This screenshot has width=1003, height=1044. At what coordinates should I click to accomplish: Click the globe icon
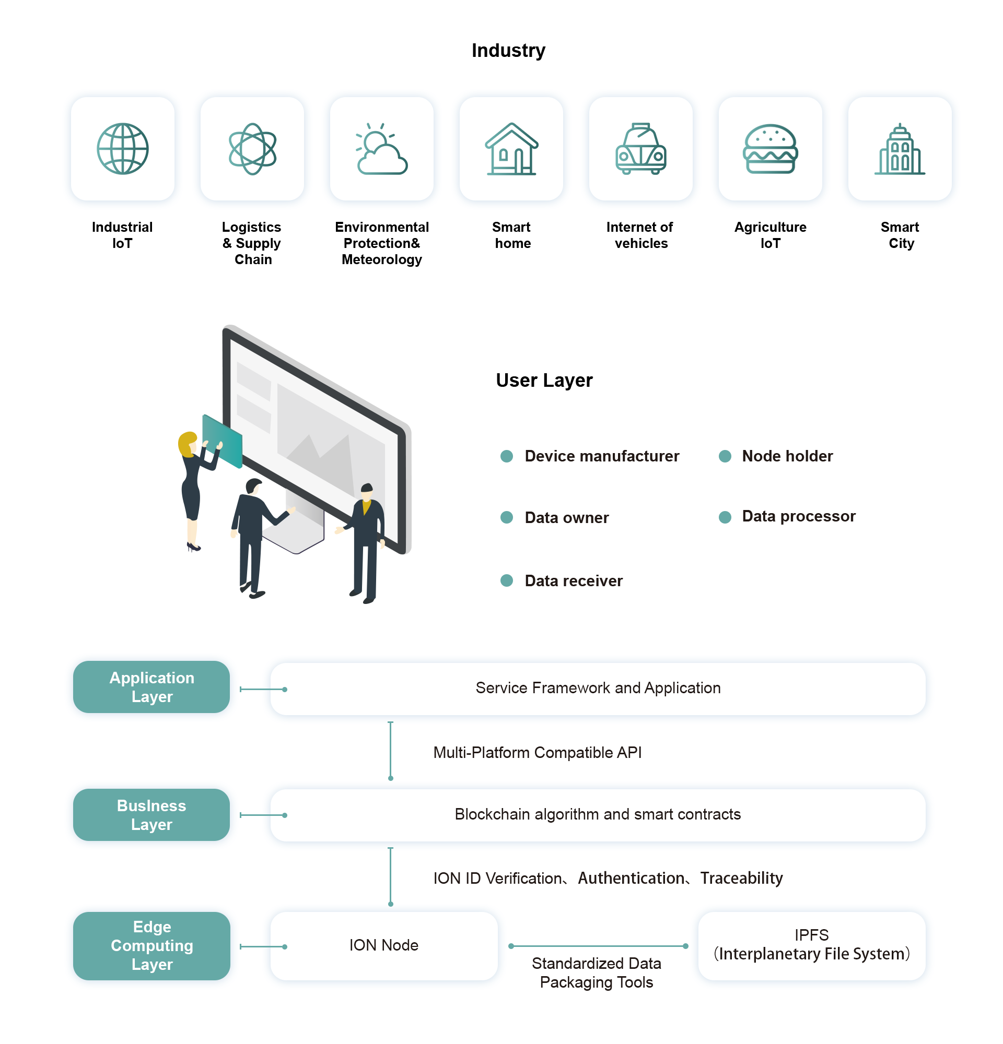tap(123, 149)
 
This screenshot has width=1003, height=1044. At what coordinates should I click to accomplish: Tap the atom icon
tap(252, 149)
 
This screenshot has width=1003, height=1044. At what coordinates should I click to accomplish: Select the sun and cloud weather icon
tap(381, 149)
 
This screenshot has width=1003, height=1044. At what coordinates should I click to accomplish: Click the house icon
tap(511, 149)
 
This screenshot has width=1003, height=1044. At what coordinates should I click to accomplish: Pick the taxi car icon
tap(640, 149)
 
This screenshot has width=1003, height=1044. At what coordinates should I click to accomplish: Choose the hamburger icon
tap(770, 149)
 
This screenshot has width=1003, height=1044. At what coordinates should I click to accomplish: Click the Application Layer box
tap(152, 687)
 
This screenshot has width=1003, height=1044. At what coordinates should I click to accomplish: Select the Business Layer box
tap(152, 815)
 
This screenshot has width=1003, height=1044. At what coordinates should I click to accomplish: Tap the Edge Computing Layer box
tap(152, 946)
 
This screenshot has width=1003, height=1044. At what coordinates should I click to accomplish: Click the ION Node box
tap(384, 946)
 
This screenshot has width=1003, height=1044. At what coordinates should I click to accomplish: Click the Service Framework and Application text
tap(598, 688)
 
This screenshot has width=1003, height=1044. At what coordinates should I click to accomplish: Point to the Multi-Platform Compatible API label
tap(537, 753)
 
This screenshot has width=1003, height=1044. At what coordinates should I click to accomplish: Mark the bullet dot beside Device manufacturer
tap(507, 456)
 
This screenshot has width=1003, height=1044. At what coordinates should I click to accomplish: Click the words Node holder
tap(787, 456)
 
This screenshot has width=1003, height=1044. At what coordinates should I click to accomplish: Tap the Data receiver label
tap(574, 580)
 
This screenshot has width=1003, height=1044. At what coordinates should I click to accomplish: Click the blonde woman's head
tap(188, 443)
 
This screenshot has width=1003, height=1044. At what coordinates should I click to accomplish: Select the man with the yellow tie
tap(367, 538)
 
